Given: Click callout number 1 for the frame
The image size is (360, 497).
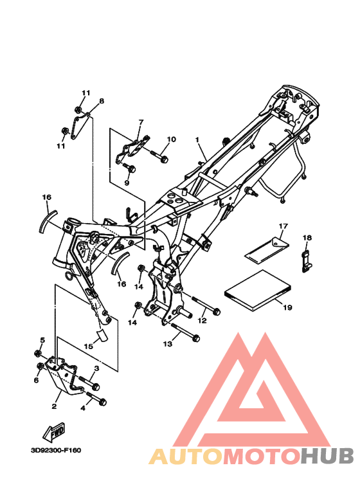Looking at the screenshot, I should tap(197, 140).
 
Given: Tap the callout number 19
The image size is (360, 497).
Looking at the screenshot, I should tap(287, 308).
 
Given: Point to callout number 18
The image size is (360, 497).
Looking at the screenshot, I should tap(307, 239).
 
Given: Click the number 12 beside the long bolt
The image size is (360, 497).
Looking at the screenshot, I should tap(202, 319).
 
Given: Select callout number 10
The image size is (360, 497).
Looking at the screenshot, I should tap(171, 140).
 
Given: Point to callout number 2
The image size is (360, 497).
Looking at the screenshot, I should tap(54, 406).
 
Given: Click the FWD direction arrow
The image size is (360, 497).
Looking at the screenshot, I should tap(55, 429).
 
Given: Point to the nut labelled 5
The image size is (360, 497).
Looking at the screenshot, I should tap(39, 354).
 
